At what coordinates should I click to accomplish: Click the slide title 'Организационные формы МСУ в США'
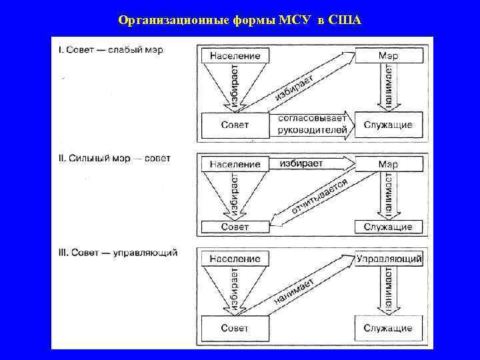pos(239,19)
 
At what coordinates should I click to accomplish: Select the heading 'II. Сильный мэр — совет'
pos(114,159)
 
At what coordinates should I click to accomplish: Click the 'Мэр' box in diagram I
pos(388,55)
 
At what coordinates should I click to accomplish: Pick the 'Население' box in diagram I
pos(235,55)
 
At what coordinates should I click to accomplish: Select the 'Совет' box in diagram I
pos(235,125)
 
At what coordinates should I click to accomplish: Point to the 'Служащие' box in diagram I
pos(388,125)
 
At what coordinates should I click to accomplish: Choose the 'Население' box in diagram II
pos(235,163)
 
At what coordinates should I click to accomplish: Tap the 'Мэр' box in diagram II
pos(388,163)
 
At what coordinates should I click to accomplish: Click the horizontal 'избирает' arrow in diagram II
pos(310,163)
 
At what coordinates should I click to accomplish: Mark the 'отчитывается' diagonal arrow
pos(313,197)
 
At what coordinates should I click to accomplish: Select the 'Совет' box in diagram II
pos(235,227)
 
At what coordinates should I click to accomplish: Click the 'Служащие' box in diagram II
pos(388,227)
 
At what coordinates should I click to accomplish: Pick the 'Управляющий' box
pos(389,258)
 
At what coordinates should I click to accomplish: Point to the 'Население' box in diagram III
pos(235,258)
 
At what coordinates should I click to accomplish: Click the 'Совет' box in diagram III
pos(235,328)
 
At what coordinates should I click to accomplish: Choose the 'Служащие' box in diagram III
pos(388,328)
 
